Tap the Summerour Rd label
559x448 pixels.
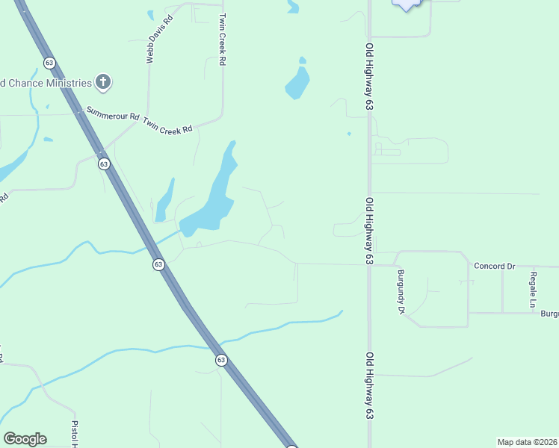click(x=113, y=113)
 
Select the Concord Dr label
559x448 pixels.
click(x=495, y=266)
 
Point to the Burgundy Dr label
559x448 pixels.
click(x=401, y=290)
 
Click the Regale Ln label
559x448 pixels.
click(x=533, y=290)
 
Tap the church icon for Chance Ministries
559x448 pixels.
click(x=103, y=82)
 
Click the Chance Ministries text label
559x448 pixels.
click(x=45, y=82)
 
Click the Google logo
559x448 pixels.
click(x=25, y=439)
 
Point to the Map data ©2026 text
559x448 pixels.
click(x=528, y=441)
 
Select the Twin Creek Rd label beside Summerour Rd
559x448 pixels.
click(x=168, y=125)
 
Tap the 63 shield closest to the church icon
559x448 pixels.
click(x=49, y=62)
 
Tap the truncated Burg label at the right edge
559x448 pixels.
click(x=549, y=314)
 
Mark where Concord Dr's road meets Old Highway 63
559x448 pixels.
click(x=369, y=264)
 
